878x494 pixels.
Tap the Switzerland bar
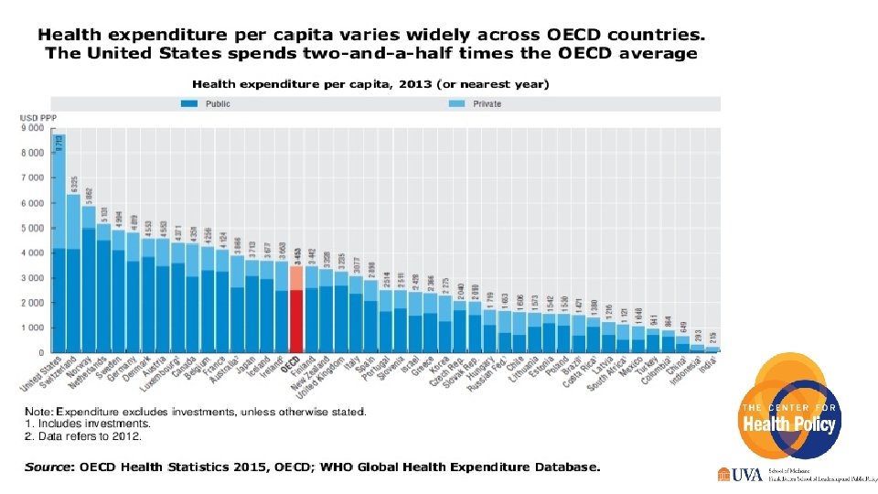[74, 274]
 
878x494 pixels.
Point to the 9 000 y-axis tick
[31, 128]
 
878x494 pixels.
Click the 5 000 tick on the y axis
[31, 228]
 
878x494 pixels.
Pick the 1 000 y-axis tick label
[31, 328]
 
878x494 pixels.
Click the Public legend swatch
[190, 104]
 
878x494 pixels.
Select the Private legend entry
[475, 104]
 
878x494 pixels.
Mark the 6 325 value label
[74, 184]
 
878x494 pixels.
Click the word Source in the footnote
[49, 467]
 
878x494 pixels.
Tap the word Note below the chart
[38, 412]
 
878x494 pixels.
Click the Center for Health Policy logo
[789, 410]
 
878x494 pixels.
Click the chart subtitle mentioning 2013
[369, 84]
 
